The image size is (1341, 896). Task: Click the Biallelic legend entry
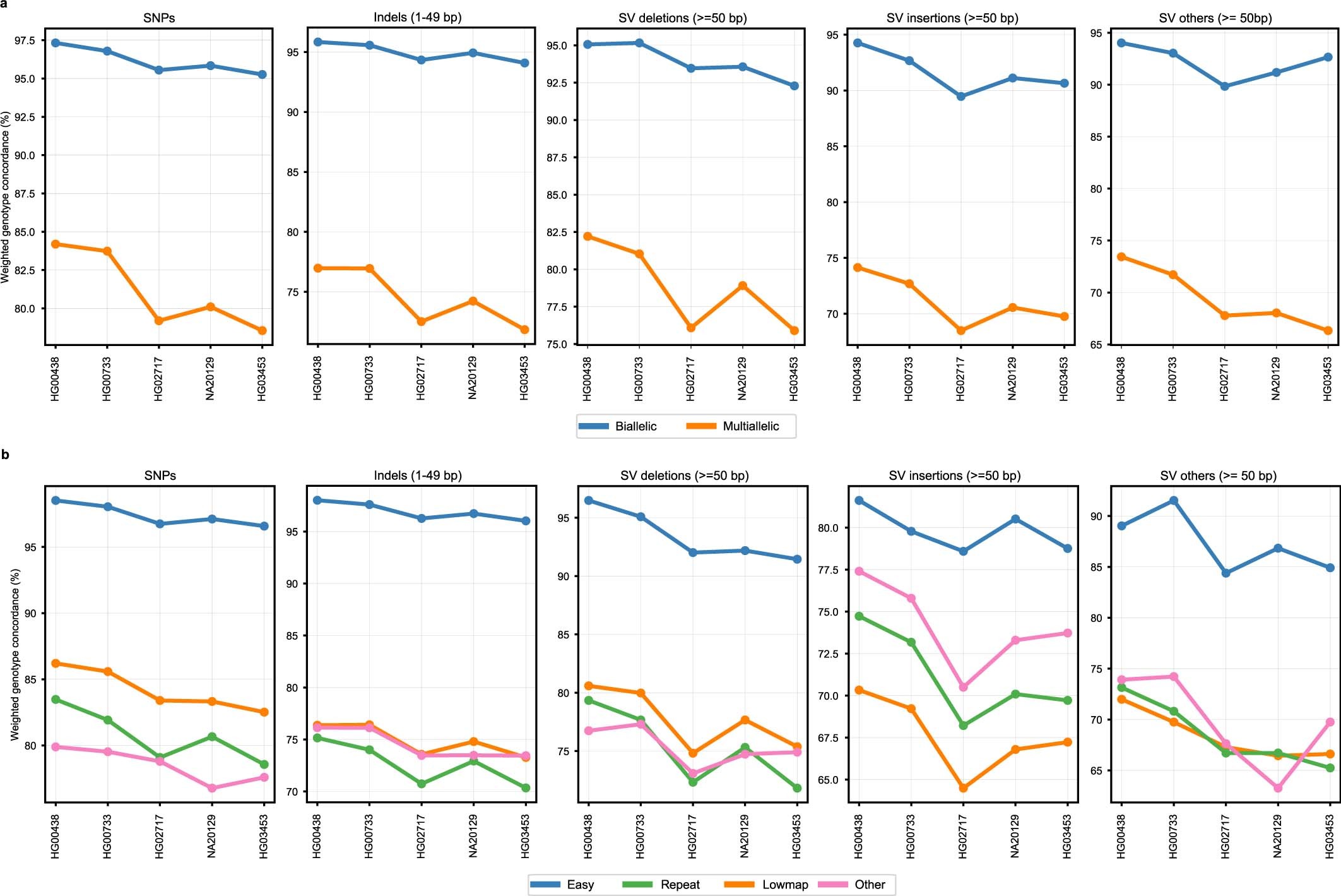(635, 426)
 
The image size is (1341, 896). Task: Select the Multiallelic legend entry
(750, 426)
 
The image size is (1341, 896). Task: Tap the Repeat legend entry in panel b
(679, 885)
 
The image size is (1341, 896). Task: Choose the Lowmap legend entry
(784, 885)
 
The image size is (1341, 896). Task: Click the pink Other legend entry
(869, 885)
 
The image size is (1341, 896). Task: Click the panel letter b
(5, 454)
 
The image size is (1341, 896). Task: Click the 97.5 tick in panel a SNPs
(25, 40)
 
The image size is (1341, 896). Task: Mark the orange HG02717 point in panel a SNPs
(159, 321)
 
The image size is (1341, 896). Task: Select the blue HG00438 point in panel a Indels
(318, 42)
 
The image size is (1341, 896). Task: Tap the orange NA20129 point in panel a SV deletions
(743, 286)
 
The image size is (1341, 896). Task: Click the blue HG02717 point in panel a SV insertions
(961, 97)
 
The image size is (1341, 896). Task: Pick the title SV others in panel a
(1215, 18)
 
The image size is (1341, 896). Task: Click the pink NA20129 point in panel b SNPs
(212, 788)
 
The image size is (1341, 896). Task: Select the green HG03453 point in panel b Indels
(526, 788)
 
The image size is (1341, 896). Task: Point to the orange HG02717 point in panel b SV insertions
(964, 788)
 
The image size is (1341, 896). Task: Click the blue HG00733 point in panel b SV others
(1174, 501)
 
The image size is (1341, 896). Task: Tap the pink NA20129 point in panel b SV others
(1278, 788)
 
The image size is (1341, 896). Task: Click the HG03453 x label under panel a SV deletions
(794, 379)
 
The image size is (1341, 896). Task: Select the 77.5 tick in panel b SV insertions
(829, 570)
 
